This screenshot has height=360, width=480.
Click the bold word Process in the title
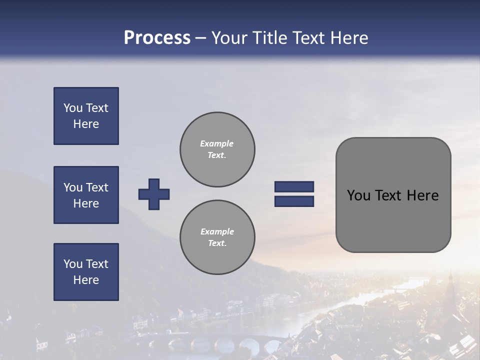(157, 38)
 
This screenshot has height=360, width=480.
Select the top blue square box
(86, 116)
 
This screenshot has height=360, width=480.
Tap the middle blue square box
(86, 195)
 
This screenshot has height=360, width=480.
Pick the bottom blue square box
(86, 272)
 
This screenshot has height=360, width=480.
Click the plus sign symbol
(154, 194)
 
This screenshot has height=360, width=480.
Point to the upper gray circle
(217, 149)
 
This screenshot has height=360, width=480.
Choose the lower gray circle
(217, 237)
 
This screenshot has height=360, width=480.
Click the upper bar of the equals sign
(294, 186)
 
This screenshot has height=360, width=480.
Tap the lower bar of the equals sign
(294, 201)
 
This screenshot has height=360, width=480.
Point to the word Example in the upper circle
(216, 143)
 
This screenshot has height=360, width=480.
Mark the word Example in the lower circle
(217, 231)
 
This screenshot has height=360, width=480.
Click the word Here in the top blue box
(86, 124)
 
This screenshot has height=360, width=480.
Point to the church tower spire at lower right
(450, 280)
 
